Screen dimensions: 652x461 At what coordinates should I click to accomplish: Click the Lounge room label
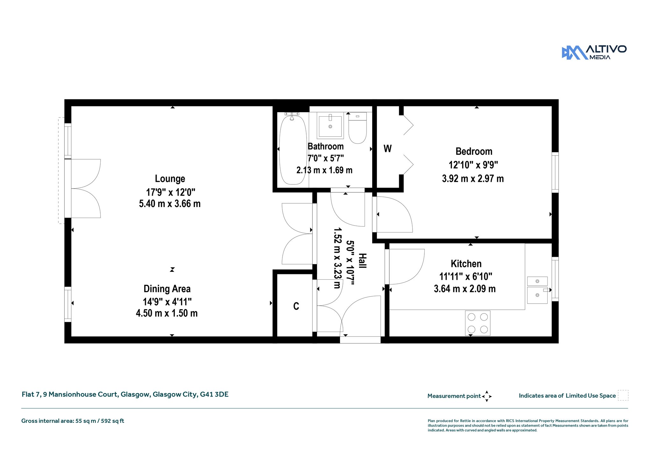point(170,179)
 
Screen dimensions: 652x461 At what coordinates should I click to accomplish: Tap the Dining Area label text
point(167,289)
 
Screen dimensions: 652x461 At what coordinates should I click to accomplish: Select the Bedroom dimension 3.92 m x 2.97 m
point(473,178)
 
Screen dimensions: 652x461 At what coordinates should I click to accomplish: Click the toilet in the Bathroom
point(358,128)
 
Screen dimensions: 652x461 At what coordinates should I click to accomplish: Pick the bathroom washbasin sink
point(330,126)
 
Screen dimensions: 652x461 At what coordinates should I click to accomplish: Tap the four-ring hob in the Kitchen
point(478,323)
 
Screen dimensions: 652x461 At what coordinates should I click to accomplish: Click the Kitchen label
point(466,264)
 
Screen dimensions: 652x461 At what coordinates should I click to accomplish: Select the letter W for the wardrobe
point(387,149)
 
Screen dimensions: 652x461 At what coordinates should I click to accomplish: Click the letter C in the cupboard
point(296,306)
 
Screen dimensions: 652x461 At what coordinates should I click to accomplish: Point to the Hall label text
point(362,261)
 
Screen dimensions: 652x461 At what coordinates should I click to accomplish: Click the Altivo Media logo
point(594,52)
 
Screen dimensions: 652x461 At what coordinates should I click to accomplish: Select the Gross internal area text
point(73,421)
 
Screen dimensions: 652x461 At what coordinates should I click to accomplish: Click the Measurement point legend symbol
point(487,396)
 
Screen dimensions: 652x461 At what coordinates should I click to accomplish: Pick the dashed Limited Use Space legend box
point(623,395)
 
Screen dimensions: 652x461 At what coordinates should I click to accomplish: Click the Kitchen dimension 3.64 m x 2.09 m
point(465,289)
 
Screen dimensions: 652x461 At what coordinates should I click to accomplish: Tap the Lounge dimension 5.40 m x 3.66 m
point(170,204)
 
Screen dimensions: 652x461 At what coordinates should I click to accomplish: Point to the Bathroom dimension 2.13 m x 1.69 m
point(324,170)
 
